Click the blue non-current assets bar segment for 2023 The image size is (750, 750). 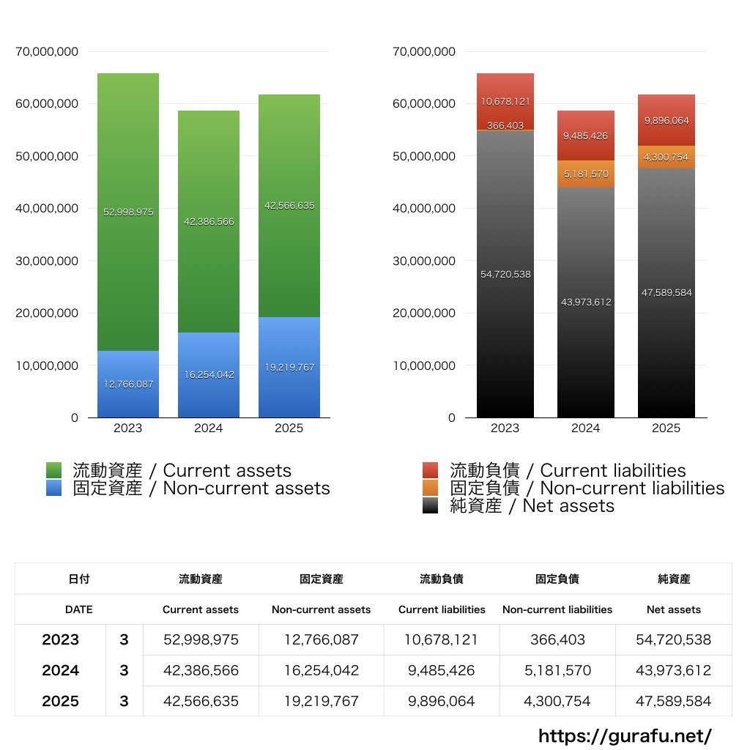coord(128,396)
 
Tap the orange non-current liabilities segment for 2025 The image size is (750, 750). coord(666,157)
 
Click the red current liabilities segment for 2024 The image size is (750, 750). coord(585,135)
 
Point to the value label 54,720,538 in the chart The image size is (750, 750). coord(505,275)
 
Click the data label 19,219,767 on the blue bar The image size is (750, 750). coord(289,368)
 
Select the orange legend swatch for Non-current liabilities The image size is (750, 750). coord(431,488)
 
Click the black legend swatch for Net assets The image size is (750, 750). coord(431,505)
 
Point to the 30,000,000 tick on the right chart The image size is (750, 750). coord(424,261)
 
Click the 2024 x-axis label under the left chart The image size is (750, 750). coord(209,428)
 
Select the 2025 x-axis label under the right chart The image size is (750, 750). coord(666,428)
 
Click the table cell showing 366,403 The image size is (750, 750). coord(557,639)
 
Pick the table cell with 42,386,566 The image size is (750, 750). coord(201,670)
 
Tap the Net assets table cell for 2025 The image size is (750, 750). coord(674,701)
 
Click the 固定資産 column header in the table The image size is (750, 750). coord(321,579)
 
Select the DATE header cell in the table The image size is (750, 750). coord(78,609)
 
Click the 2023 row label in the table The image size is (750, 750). coord(60,639)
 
